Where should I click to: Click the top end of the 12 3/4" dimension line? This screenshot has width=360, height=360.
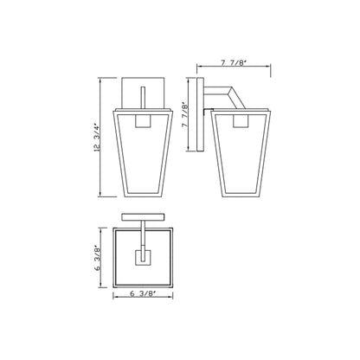pos(101,78)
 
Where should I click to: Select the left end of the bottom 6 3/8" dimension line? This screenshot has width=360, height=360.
pos(113,299)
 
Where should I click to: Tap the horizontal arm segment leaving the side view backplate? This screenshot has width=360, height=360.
pos(213,87)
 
